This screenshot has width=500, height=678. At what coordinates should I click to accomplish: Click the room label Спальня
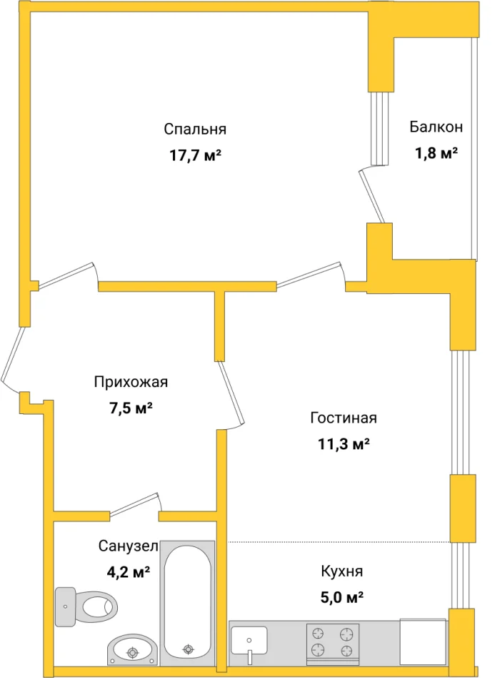[x=195, y=129]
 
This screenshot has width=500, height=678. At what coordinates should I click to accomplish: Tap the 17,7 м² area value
[x=195, y=154]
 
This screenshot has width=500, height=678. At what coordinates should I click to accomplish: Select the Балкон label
[x=436, y=127]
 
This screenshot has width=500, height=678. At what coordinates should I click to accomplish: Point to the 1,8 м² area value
[x=436, y=153]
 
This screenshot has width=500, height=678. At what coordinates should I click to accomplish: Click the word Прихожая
[x=131, y=382]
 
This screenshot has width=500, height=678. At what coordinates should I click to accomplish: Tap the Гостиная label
[x=343, y=418]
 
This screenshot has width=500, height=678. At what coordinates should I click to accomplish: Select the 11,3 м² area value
[x=343, y=443]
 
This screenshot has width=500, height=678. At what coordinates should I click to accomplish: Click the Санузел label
[x=128, y=546]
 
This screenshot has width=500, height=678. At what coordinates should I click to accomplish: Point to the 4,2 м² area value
[x=128, y=572]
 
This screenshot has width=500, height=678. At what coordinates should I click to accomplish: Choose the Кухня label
[x=342, y=571]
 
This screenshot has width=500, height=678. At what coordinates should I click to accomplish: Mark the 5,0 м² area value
[x=342, y=596]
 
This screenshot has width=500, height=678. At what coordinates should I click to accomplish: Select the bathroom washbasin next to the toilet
[x=131, y=650]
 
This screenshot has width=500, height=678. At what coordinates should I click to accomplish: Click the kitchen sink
[x=249, y=640]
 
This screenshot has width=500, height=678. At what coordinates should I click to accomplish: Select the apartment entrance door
[x=14, y=358]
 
